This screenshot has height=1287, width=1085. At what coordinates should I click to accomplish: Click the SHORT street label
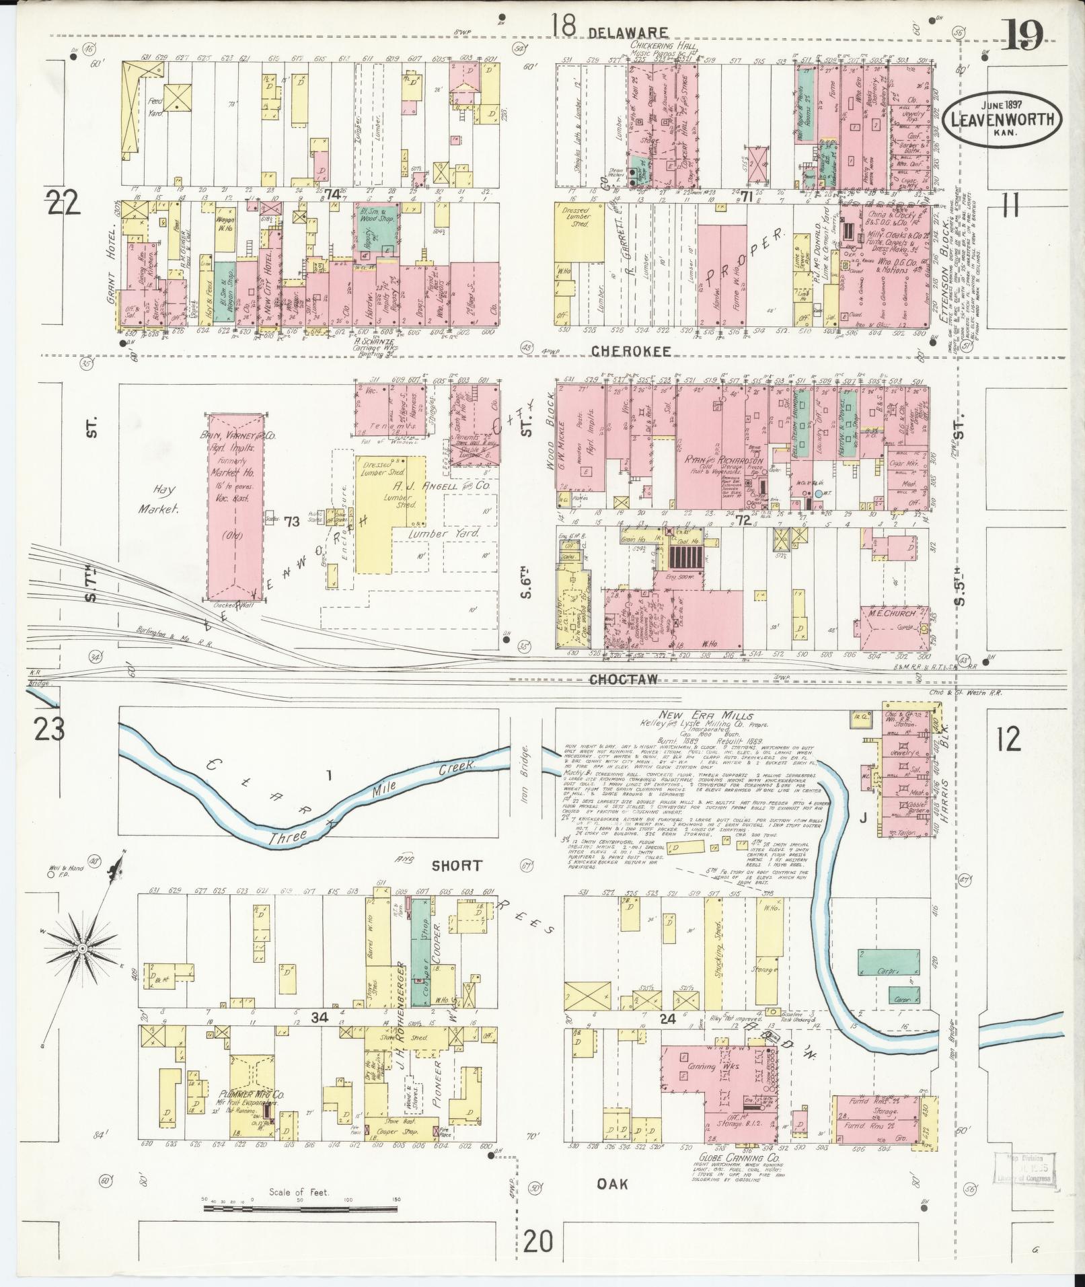[x=457, y=865]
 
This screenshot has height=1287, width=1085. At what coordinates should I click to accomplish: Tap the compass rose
[x=81, y=949]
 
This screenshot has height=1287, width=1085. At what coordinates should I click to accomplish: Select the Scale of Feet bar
[x=301, y=1208]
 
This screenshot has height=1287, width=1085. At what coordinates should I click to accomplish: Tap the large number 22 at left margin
[x=64, y=202]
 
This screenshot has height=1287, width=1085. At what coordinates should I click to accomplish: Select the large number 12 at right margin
[x=1009, y=739]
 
